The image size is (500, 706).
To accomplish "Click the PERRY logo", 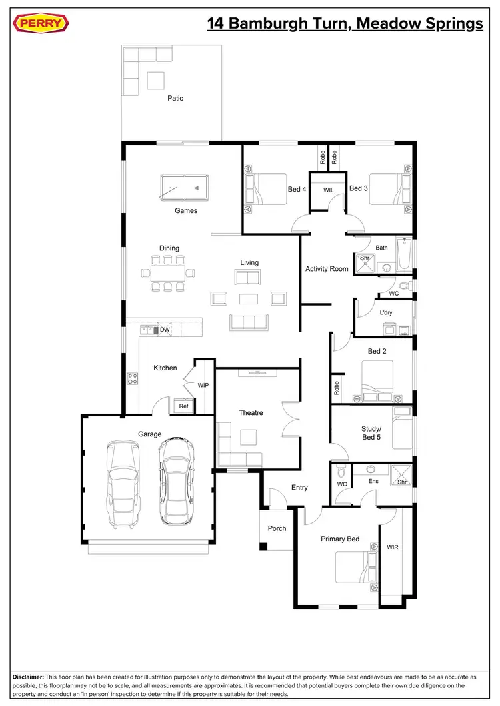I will click(41, 25).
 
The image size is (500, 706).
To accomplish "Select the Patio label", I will click(175, 98).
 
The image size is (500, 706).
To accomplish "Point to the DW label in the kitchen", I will click(164, 330).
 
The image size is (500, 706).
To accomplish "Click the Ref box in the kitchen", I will click(183, 406).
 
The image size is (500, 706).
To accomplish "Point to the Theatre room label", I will click(251, 413).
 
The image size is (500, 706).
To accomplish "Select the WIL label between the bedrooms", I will click(328, 190).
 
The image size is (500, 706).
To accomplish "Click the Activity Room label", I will click(327, 269).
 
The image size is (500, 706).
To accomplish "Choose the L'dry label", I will click(386, 312).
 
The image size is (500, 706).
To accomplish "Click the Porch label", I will click(277, 528).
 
